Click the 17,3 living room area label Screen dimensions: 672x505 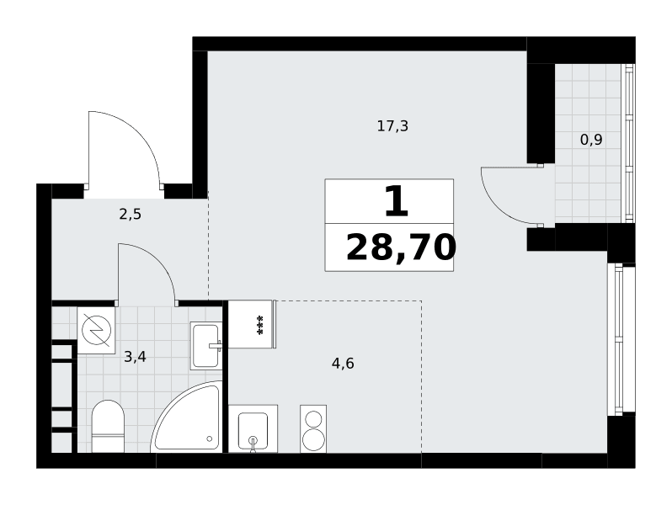pos(392,126)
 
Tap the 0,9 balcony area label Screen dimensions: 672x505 pos(591,140)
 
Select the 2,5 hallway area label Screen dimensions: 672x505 pos(130,214)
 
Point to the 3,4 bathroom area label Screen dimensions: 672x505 pos(135,356)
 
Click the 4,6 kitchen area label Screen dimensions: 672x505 pos(343,364)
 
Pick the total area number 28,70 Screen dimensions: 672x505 pos(401,248)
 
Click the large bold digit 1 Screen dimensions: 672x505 pos(397,201)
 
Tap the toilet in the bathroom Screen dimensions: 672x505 pos(108,426)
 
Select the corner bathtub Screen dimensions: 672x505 pos(187,417)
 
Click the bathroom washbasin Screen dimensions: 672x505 pos(205,346)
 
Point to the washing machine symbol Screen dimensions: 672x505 pos(97,330)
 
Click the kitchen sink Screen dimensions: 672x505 pos(253,428)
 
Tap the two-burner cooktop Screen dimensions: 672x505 pos(313,428)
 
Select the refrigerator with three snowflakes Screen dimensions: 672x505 pos(252,324)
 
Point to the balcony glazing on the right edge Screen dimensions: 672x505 pos(629,143)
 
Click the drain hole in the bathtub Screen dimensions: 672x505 pos(209,439)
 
